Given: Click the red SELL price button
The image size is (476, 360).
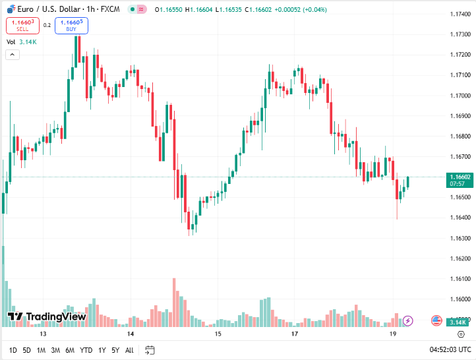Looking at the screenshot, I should [22, 25].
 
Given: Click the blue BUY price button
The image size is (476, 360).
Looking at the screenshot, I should [71, 25].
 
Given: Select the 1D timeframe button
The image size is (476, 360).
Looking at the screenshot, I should [13, 350].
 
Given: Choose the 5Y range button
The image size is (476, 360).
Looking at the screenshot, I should [115, 350].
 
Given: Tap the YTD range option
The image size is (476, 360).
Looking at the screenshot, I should [86, 350].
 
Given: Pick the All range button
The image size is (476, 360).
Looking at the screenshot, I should [129, 350].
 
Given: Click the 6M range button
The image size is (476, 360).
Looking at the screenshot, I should [70, 350].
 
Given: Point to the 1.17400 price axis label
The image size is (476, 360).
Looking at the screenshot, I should [460, 15].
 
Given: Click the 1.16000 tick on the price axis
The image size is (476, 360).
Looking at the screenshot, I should [460, 299].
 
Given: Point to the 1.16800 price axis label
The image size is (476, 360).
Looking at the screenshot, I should [460, 136].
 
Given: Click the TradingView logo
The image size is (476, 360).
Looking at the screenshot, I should [47, 317].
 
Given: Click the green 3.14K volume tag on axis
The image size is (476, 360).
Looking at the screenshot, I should [458, 322].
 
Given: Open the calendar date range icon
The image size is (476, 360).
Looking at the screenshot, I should [150, 350].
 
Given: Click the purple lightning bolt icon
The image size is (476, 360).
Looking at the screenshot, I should [407, 321].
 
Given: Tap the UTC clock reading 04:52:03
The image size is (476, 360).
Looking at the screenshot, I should [450, 350].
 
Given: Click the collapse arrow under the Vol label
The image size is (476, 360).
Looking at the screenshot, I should [13, 55].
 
